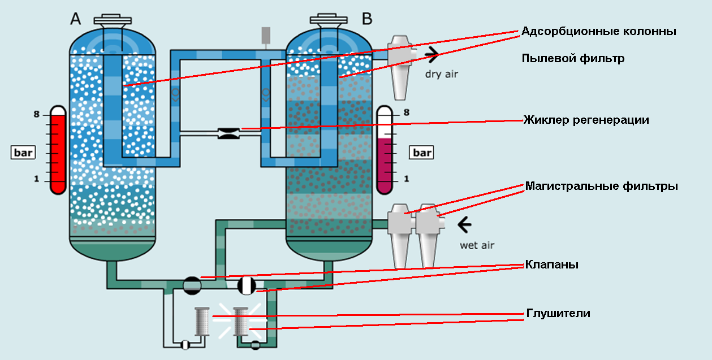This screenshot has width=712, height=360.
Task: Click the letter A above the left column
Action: click(76, 19)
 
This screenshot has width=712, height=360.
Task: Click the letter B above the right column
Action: click(367, 19)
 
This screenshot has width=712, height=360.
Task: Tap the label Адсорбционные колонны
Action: click(599, 31)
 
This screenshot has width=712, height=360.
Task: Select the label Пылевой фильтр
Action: click(573, 58)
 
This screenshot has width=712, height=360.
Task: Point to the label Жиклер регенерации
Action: click(585, 120)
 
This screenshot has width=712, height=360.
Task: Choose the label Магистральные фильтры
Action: click(601, 186)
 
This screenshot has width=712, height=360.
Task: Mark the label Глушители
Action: click(558, 313)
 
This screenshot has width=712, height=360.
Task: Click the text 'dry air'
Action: click(442, 73)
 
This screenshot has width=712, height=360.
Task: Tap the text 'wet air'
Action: click(476, 245)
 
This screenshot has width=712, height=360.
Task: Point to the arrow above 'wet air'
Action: click(464, 225)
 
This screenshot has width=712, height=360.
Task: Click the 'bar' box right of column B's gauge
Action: click(421, 153)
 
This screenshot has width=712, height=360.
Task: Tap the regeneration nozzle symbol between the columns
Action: click(229, 134)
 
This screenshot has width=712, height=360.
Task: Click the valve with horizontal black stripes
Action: click(192, 285)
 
